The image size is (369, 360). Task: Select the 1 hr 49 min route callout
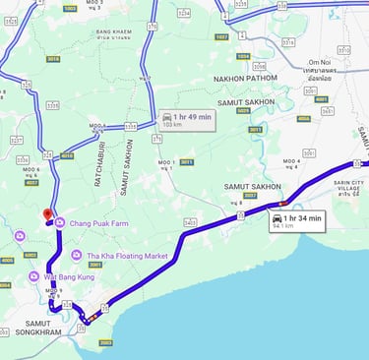[185, 119]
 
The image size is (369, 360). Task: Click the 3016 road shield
[53, 58]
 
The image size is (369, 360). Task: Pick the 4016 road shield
[66, 155]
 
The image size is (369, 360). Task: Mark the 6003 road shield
[30, 255]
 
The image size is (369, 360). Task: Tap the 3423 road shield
[190, 222]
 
